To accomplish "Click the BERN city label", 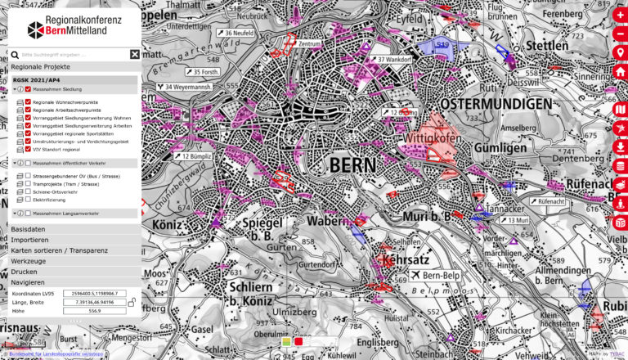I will pyautogui.click(x=352, y=165).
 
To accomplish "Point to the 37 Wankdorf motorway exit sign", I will pyautogui.click(x=390, y=60).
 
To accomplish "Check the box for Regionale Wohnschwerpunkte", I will pyautogui.click(x=28, y=101).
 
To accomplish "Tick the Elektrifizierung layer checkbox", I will pyautogui.click(x=28, y=199).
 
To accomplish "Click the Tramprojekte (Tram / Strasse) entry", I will pyautogui.click(x=65, y=184).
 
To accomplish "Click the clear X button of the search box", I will pyautogui.click(x=135, y=54).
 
